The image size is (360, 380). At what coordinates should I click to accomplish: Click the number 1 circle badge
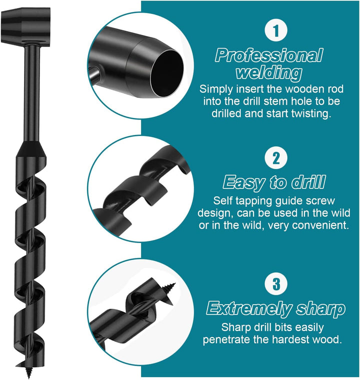tap(276, 31)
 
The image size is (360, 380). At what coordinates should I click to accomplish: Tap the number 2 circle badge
tap(276, 158)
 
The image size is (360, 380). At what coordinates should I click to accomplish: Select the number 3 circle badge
tap(276, 284)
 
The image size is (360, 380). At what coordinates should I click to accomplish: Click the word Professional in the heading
tap(269, 55)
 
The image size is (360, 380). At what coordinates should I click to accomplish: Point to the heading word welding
tap(269, 73)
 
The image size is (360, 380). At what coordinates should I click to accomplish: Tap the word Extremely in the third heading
tap(249, 309)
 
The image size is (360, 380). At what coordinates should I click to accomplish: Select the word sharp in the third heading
tap(320, 309)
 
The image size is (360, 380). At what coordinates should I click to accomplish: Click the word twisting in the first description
tap(311, 113)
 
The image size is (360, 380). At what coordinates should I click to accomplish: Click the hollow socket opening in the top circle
tap(166, 73)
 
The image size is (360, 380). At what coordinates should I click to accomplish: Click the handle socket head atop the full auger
tap(26, 24)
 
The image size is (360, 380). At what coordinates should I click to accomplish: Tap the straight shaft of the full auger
tap(32, 93)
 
